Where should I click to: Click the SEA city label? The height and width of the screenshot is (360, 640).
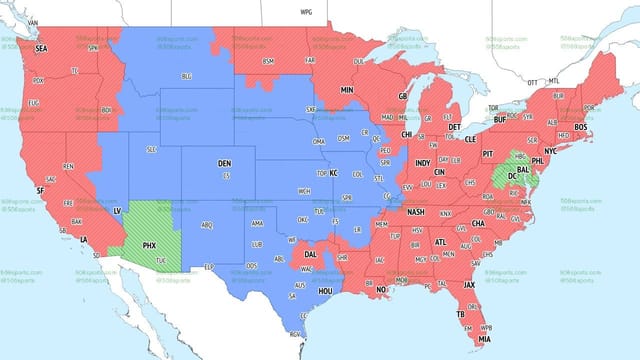point(41,48)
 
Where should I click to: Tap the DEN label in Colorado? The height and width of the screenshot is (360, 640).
point(225,162)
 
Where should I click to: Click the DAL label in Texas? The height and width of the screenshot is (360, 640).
point(311,255)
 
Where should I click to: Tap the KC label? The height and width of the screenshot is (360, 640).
point(334,173)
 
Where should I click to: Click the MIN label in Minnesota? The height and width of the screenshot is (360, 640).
point(348,90)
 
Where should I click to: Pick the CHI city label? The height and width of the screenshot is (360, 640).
point(407,134)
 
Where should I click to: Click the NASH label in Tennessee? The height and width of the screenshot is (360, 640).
point(417,212)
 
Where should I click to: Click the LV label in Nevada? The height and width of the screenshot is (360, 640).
point(117,212)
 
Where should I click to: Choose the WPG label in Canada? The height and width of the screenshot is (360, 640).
point(306,11)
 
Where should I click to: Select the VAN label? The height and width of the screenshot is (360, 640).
point(32,22)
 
